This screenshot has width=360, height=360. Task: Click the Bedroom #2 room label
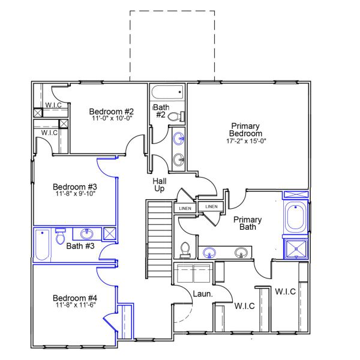pos(111,111)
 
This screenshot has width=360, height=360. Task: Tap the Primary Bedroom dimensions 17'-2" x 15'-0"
pos(245,142)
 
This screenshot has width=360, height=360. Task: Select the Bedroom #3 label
pos(74,187)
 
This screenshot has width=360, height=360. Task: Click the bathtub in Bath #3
pos(42,245)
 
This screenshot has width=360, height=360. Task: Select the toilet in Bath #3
pos(61,237)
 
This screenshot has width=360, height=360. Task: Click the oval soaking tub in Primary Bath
pos(296,218)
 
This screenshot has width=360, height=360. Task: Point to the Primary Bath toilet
pos(185,248)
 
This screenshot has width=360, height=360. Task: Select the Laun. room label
pos(201,294)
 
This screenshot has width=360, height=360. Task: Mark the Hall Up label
pos(160,184)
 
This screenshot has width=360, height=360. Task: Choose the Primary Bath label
pos(245,223)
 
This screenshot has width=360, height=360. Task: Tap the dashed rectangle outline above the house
pos(172,11)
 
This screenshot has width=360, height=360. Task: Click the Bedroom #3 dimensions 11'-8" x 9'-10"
pos(74,194)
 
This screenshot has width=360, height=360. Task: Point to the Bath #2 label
pos(161,110)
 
